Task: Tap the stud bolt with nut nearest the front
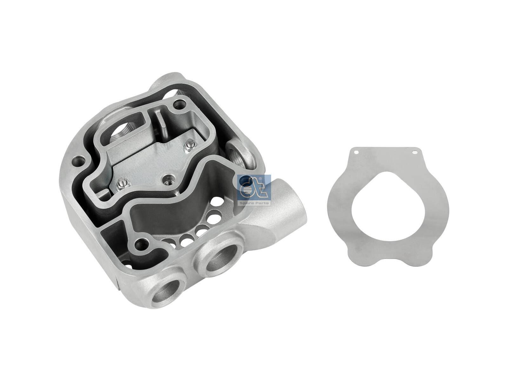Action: click(121, 184)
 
